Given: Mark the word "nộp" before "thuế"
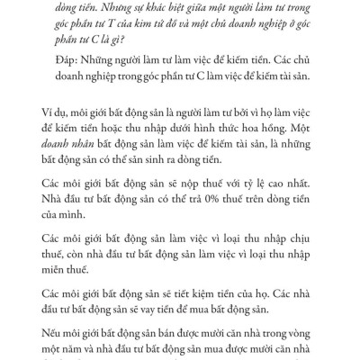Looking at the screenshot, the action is coord(181,191).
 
